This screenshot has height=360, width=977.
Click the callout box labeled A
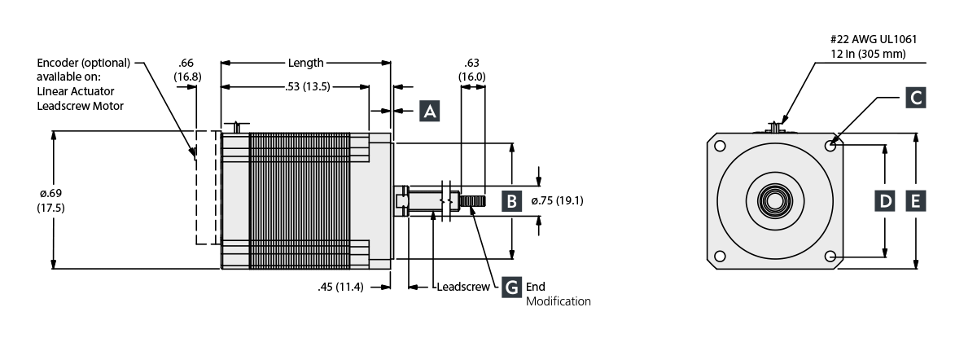pos(430,111)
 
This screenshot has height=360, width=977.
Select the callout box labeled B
pos(510,200)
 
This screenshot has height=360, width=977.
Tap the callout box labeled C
pos(915,99)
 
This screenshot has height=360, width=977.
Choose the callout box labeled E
pos(915,200)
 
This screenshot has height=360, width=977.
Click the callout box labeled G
pos(510,287)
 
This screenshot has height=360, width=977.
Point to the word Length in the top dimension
pos(305,63)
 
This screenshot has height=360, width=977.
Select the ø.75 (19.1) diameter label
pos(557,200)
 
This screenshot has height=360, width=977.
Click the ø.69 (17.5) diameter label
pos(51,200)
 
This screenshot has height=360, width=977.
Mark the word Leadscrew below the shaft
pos(462,287)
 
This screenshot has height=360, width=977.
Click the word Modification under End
pos(558,301)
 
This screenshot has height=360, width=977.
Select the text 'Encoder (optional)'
pos(82,63)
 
